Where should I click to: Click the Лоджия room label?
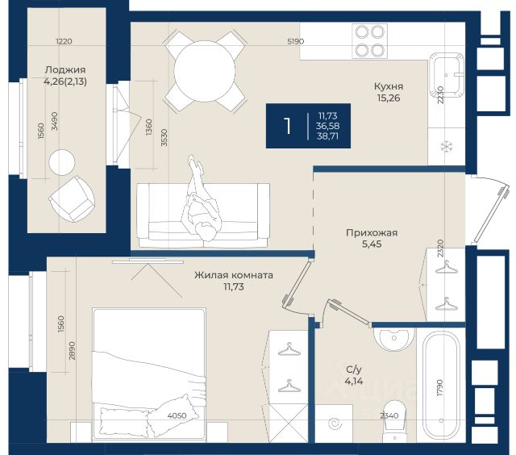point(65,69)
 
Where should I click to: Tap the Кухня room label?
point(389,86)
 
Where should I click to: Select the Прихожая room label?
point(372,233)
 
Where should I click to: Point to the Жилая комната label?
point(233,275)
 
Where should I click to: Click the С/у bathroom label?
point(354,369)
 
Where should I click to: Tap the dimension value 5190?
point(296,41)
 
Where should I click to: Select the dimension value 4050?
point(177,415)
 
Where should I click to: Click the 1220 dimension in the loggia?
point(64,41)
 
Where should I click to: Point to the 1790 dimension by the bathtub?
point(440,388)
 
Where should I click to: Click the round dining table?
point(204,71)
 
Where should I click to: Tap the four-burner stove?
point(369,41)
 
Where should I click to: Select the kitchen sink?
point(446,75)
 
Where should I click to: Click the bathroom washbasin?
point(393,339)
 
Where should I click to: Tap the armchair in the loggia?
point(72,199)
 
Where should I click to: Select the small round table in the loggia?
point(62,162)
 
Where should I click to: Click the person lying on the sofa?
point(200,198)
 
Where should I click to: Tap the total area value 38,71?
point(327,136)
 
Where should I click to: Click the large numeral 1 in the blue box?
point(288,126)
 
